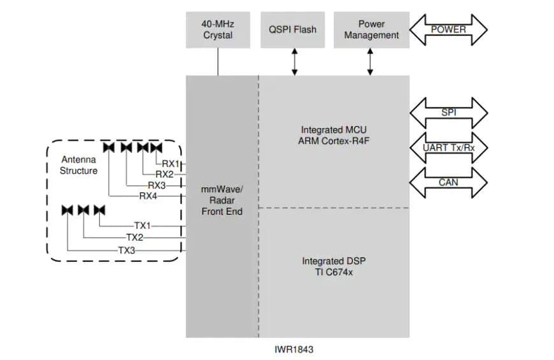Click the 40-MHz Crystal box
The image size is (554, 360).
(x=218, y=29)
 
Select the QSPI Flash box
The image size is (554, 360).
(x=293, y=29)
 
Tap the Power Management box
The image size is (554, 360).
(x=371, y=29)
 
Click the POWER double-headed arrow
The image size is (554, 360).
(x=448, y=29)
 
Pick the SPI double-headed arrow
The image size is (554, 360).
(x=448, y=113)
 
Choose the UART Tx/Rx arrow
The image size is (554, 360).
(x=448, y=148)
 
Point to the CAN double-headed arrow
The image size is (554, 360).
(x=448, y=182)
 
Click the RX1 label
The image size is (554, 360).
(x=171, y=163)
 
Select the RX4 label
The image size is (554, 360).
(x=148, y=196)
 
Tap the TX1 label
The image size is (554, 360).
(x=142, y=226)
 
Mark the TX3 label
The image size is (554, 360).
(x=127, y=250)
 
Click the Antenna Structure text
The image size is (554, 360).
(x=78, y=165)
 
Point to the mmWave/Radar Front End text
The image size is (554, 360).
(x=222, y=200)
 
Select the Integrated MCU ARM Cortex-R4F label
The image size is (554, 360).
(x=334, y=135)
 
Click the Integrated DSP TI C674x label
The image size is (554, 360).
(x=334, y=266)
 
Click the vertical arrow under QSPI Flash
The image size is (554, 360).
(x=294, y=62)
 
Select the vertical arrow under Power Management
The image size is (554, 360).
(x=371, y=62)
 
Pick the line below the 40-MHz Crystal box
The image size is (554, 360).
(x=218, y=62)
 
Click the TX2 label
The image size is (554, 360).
(x=134, y=238)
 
